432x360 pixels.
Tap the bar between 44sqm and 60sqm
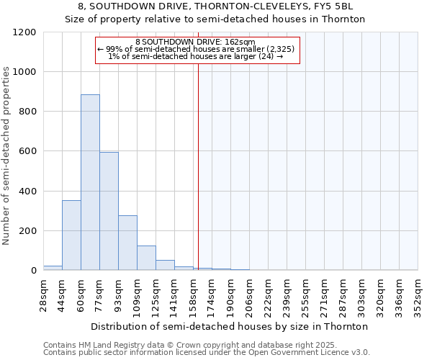(x=71, y=235)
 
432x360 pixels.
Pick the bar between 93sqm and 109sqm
(x=127, y=243)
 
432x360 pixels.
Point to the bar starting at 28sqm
(x=53, y=268)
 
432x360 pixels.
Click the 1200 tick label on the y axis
(x=24, y=32)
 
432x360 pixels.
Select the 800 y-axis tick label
(x=27, y=112)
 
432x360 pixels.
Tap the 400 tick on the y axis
(x=27, y=192)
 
